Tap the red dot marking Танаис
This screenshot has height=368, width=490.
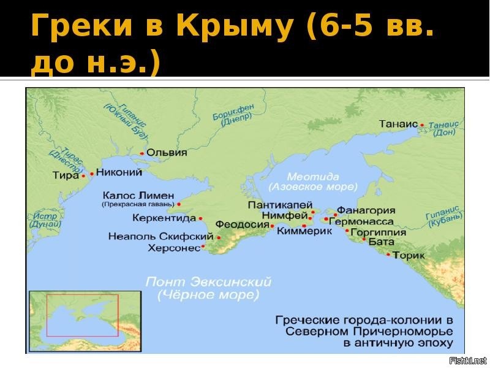pos(422,125)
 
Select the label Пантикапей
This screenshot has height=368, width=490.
pos(281,204)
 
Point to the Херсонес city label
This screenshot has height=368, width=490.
pos(175,248)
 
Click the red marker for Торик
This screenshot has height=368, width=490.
pos(388,255)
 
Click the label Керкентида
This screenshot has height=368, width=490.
pos(164,218)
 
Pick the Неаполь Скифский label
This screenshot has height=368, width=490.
pos(159,236)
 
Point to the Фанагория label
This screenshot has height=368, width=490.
pos(366,210)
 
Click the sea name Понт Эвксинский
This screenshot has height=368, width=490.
pos(208,283)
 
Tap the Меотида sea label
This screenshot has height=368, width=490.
pos(312,174)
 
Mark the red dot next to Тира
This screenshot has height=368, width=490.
pos(83,176)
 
